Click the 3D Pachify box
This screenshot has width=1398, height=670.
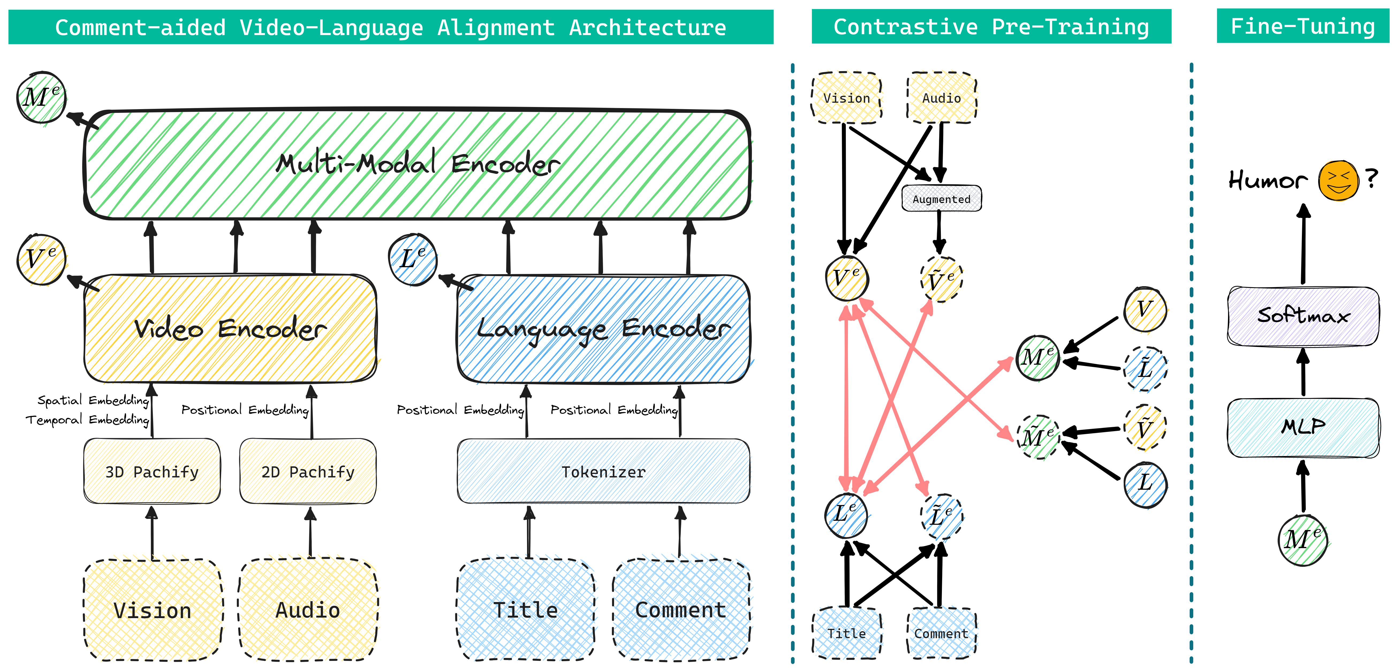pyautogui.click(x=152, y=471)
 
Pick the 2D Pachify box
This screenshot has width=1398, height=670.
pyautogui.click(x=308, y=471)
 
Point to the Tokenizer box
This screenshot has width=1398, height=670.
pyautogui.click(x=604, y=471)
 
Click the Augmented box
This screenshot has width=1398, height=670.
pyautogui.click(x=942, y=198)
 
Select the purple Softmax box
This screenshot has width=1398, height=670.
pyautogui.click(x=1303, y=316)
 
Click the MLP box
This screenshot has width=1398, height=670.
pyautogui.click(x=1303, y=427)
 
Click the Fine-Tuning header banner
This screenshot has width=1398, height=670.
pyautogui.click(x=1302, y=26)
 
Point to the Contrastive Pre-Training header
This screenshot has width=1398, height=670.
pyautogui.click(x=991, y=26)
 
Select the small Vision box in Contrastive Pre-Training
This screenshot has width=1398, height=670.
pyautogui.click(x=847, y=98)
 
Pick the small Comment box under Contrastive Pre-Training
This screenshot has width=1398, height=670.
pyautogui.click(x=942, y=633)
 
